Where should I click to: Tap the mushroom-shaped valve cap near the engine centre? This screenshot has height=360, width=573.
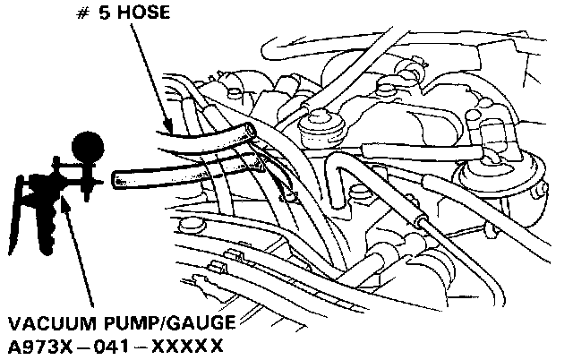[321, 125]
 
